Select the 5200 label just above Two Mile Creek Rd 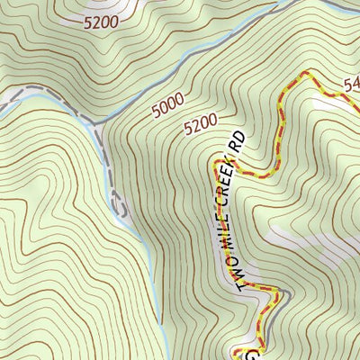(x=201, y=123)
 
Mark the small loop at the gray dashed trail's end (x=119, y=203)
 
